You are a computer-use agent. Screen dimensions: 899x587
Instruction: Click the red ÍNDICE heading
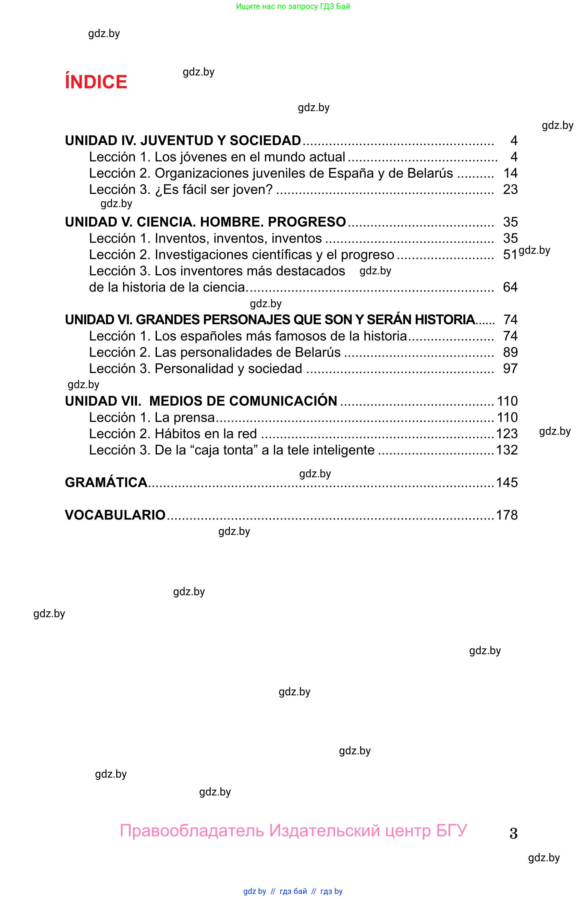(96, 82)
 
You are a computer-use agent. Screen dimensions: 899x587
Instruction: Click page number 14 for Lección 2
(510, 173)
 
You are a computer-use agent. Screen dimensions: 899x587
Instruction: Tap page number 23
(510, 189)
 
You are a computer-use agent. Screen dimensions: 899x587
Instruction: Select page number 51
(510, 255)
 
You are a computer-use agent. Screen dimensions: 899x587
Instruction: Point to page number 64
(510, 287)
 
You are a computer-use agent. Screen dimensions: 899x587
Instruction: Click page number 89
(510, 352)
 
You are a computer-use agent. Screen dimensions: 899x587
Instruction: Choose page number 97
(510, 368)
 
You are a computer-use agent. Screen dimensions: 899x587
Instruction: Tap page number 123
(506, 434)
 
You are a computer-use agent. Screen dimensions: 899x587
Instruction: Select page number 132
(506, 450)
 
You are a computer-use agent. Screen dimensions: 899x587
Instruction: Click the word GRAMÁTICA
(106, 482)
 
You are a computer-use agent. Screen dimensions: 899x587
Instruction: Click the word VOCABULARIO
(115, 515)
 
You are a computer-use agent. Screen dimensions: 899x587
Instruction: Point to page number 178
(506, 515)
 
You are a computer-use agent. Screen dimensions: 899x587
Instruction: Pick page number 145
(506, 482)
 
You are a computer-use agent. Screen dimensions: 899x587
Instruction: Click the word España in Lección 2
(351, 173)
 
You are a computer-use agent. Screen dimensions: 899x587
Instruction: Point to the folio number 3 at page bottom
(513, 833)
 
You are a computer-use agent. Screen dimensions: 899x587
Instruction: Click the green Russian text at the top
(293, 6)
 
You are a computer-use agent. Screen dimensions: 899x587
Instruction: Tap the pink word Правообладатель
(192, 830)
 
